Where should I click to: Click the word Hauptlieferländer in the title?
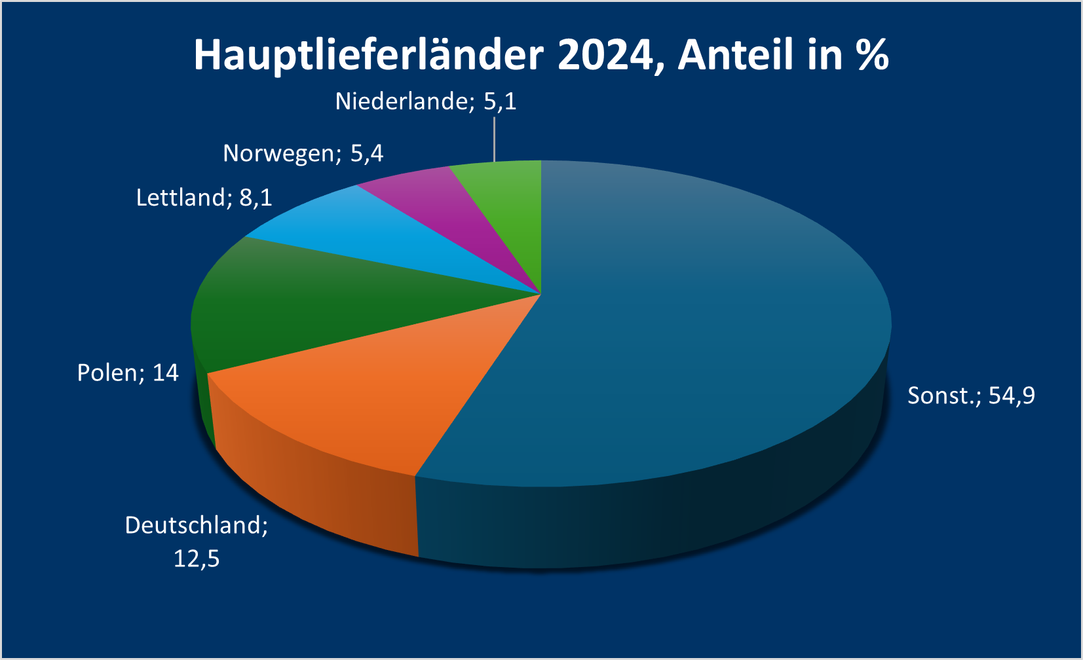tap(368, 55)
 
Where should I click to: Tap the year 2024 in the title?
tap(605, 55)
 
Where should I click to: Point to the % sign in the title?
tap(871, 55)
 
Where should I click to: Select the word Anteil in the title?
tap(736, 55)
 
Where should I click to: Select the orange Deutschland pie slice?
tap(367, 393)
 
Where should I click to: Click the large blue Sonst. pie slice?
tap(688, 327)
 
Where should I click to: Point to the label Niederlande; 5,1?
tap(426, 101)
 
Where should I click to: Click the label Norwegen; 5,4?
tap(303, 153)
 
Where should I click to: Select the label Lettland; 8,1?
tap(204, 197)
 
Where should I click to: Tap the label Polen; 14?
tap(128, 373)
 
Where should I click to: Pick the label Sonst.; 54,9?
tap(971, 395)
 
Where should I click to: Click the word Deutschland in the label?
tap(197, 525)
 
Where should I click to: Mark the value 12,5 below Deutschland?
tap(197, 559)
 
